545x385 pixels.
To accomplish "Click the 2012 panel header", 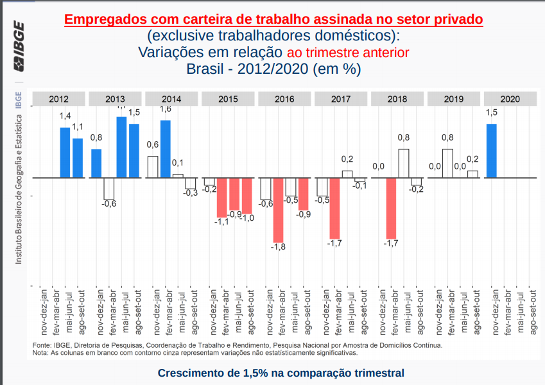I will pos(58,99).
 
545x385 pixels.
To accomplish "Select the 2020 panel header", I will pos(510,99).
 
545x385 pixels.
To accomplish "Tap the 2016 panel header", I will pos(284,99).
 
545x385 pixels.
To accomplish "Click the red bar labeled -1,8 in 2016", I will pos(279,209).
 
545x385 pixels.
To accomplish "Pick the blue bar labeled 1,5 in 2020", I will pos(492,150).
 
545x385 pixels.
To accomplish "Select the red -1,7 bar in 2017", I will pos(334,208).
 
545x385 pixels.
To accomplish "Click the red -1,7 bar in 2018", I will pos(391,208).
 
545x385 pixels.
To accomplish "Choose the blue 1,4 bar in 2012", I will pos(65,153).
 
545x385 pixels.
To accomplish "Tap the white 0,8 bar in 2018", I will pos(404,163).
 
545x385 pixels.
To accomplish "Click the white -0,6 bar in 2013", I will pos(108,189).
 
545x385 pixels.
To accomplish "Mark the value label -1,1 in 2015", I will pos(221,222).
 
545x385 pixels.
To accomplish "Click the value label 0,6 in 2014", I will pos(153,144).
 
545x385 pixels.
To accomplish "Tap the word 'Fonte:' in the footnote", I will pos(42,345).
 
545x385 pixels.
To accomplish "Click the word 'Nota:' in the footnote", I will pos(40,352).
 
